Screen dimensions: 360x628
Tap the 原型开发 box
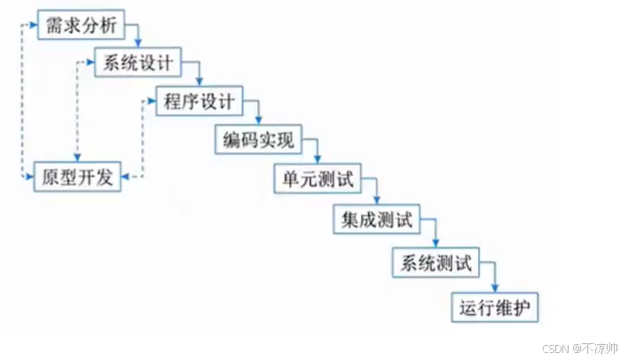click(x=77, y=177)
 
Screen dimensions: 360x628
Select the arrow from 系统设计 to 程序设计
click(x=197, y=74)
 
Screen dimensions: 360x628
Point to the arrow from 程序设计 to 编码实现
click(x=257, y=113)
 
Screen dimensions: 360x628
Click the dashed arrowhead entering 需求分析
click(x=34, y=24)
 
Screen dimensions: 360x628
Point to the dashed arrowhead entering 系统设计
click(x=91, y=63)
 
